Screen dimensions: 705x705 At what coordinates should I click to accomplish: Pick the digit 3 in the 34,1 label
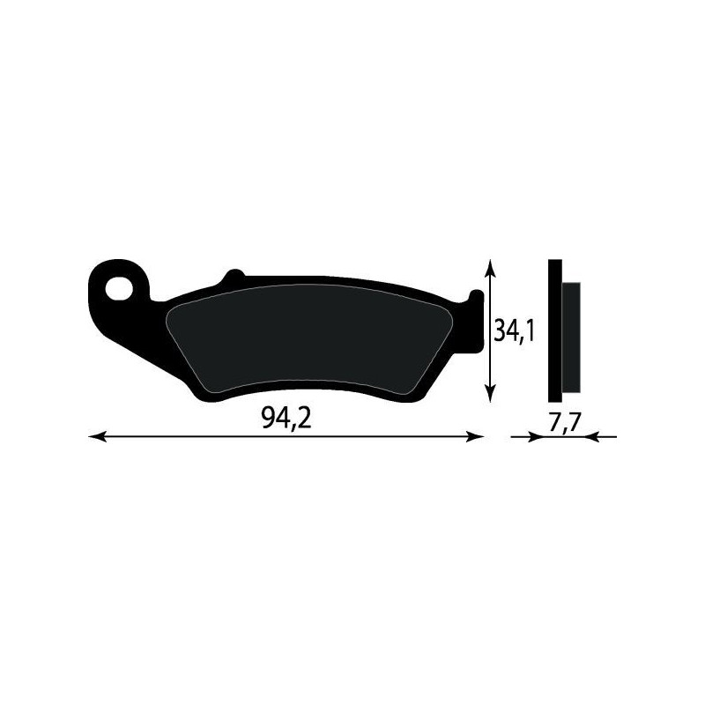[x=501, y=333]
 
